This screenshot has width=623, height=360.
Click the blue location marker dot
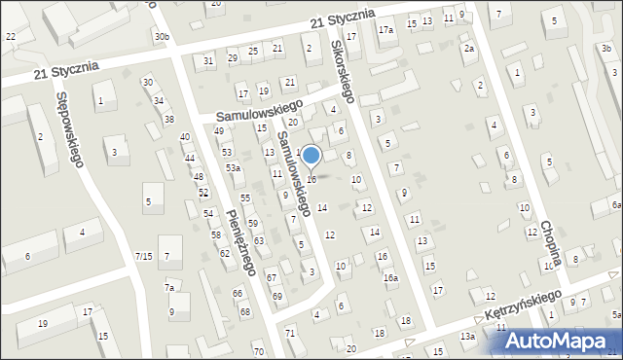point(311,155)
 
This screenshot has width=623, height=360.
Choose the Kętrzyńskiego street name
point(524,306)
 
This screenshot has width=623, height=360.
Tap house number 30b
point(162,37)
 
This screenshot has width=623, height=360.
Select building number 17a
point(386,31)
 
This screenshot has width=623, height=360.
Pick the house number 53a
point(234,168)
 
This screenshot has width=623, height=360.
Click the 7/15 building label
point(143,256)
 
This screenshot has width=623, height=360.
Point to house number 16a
point(390,277)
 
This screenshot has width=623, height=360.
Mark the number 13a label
point(468,337)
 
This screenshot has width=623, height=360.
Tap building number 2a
point(468,49)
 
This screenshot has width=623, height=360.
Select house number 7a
point(169,288)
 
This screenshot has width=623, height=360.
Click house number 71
point(289,334)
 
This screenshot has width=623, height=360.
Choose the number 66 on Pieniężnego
point(238,293)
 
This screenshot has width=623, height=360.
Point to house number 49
point(220,131)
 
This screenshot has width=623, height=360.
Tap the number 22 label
point(11,36)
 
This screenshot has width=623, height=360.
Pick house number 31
point(208,61)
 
